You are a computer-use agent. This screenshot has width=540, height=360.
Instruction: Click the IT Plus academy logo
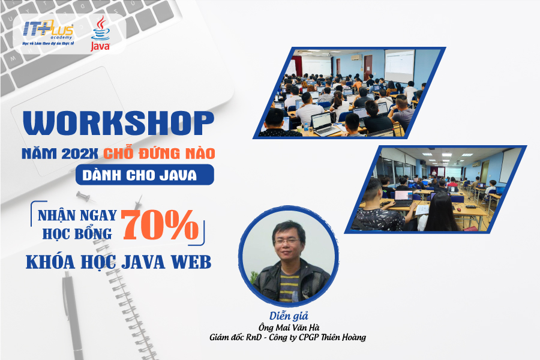tap(48, 33)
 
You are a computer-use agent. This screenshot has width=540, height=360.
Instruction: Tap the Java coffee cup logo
tap(101, 34)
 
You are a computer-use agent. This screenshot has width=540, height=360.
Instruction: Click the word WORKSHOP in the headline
tap(118, 123)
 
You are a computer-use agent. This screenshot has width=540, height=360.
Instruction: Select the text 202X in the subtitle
tap(80, 154)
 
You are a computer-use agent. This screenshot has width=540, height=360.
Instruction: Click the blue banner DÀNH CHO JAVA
tap(145, 175)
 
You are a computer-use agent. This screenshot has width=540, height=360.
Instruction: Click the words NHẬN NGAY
tap(77, 215)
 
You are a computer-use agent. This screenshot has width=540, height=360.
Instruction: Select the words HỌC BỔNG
tap(77, 233)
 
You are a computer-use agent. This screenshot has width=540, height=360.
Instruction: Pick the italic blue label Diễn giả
tap(289, 316)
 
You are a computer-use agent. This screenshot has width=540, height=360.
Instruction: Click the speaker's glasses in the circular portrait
tap(287, 241)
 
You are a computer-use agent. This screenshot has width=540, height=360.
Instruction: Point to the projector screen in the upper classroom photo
tap(399, 66)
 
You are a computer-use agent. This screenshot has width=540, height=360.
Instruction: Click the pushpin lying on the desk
tap(86, 197)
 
